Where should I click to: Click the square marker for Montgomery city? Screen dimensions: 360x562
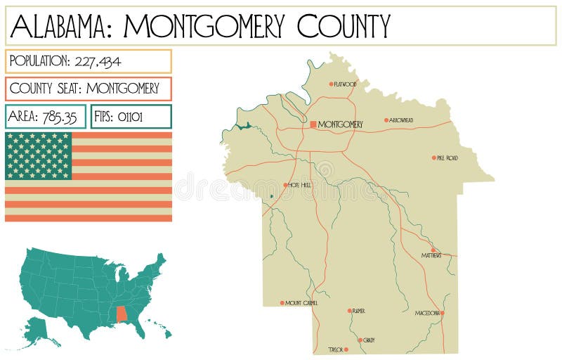pos(313,124)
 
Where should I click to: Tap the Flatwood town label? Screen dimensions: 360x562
pos(345,84)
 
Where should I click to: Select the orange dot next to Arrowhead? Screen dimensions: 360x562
pos(386,120)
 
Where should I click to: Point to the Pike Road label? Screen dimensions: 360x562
pos(447,158)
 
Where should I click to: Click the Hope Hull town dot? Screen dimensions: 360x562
pos(286,185)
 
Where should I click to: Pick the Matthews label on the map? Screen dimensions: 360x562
pos(431,256)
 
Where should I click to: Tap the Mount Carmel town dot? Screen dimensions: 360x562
pos(282,303)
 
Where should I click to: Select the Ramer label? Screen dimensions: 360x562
pos(358,311)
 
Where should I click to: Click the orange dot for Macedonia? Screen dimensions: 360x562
pos(443,313)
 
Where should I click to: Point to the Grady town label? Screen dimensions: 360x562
pos(369,340)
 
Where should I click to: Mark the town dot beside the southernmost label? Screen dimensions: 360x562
pos(346,349)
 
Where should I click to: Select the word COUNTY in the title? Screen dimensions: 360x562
pos(344,27)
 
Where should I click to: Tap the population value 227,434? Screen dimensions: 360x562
pos(95,61)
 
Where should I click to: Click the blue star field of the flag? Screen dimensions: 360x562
pos(39,155)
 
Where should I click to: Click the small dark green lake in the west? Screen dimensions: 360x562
pos(243,126)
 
